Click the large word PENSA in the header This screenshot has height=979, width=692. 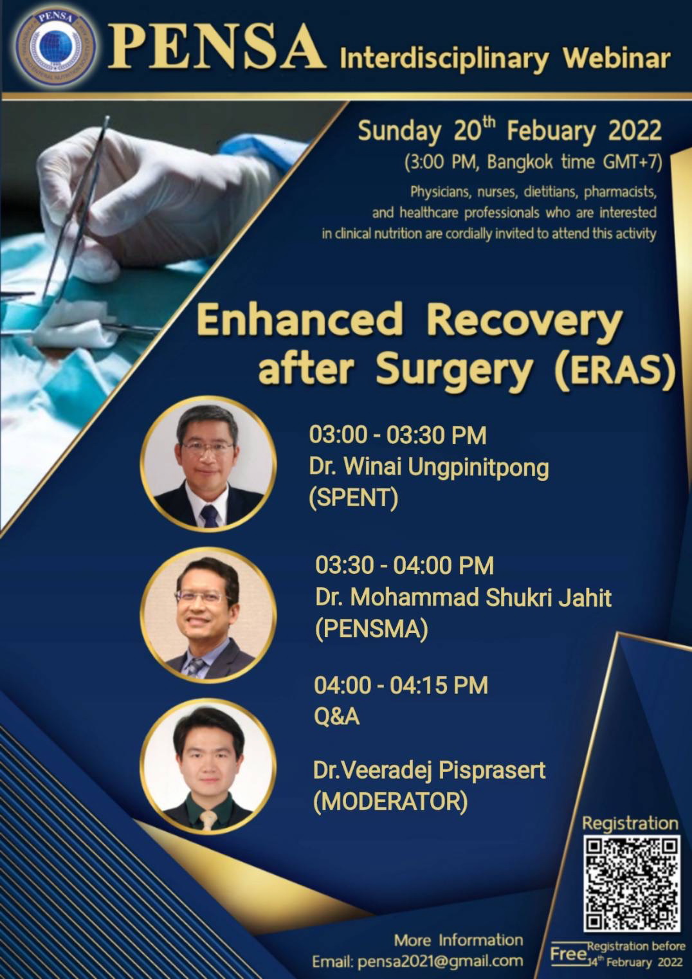coord(217,47)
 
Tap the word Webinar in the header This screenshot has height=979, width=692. coord(616,59)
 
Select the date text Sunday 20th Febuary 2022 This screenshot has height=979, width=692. coord(509,131)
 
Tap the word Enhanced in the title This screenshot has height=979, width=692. coord(299,319)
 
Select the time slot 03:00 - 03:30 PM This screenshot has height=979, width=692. coord(397,435)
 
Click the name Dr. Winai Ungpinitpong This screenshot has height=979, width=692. coord(428,468)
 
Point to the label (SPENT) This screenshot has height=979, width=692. coord(354,499)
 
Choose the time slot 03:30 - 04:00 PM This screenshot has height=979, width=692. coord(405,565)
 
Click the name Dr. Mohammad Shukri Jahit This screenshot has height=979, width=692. coord(463,598)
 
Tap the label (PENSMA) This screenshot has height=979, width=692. coord(371,629)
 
